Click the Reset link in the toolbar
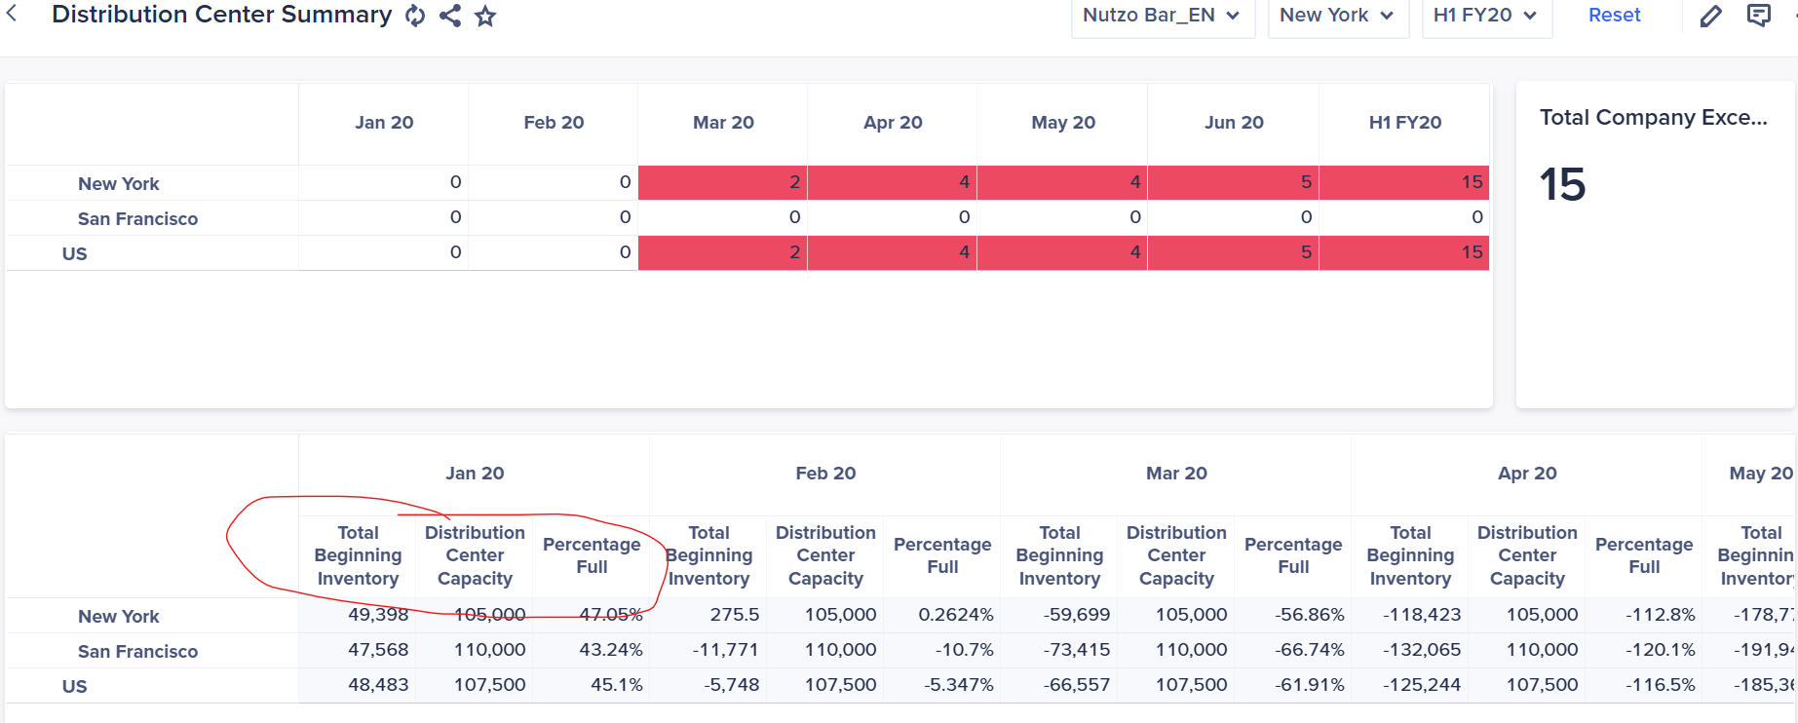[x=1614, y=16]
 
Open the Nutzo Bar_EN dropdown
[x=1162, y=16]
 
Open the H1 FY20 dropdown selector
[x=1485, y=16]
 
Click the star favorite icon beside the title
[x=485, y=16]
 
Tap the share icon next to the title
[x=450, y=16]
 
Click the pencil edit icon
[x=1710, y=16]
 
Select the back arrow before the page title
[x=12, y=14]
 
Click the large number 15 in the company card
[x=1562, y=184]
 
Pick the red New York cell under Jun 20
[x=1233, y=182]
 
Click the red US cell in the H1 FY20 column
[x=1403, y=252]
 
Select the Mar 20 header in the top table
[x=723, y=123]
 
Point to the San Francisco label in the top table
[x=137, y=219]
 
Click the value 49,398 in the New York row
[x=378, y=615]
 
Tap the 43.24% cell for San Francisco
[x=611, y=650]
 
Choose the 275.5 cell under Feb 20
[x=734, y=615]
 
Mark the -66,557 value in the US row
[x=1077, y=685]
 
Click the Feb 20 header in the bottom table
[x=825, y=474]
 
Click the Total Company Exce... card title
[x=1653, y=118]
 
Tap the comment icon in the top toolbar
[x=1759, y=16]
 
